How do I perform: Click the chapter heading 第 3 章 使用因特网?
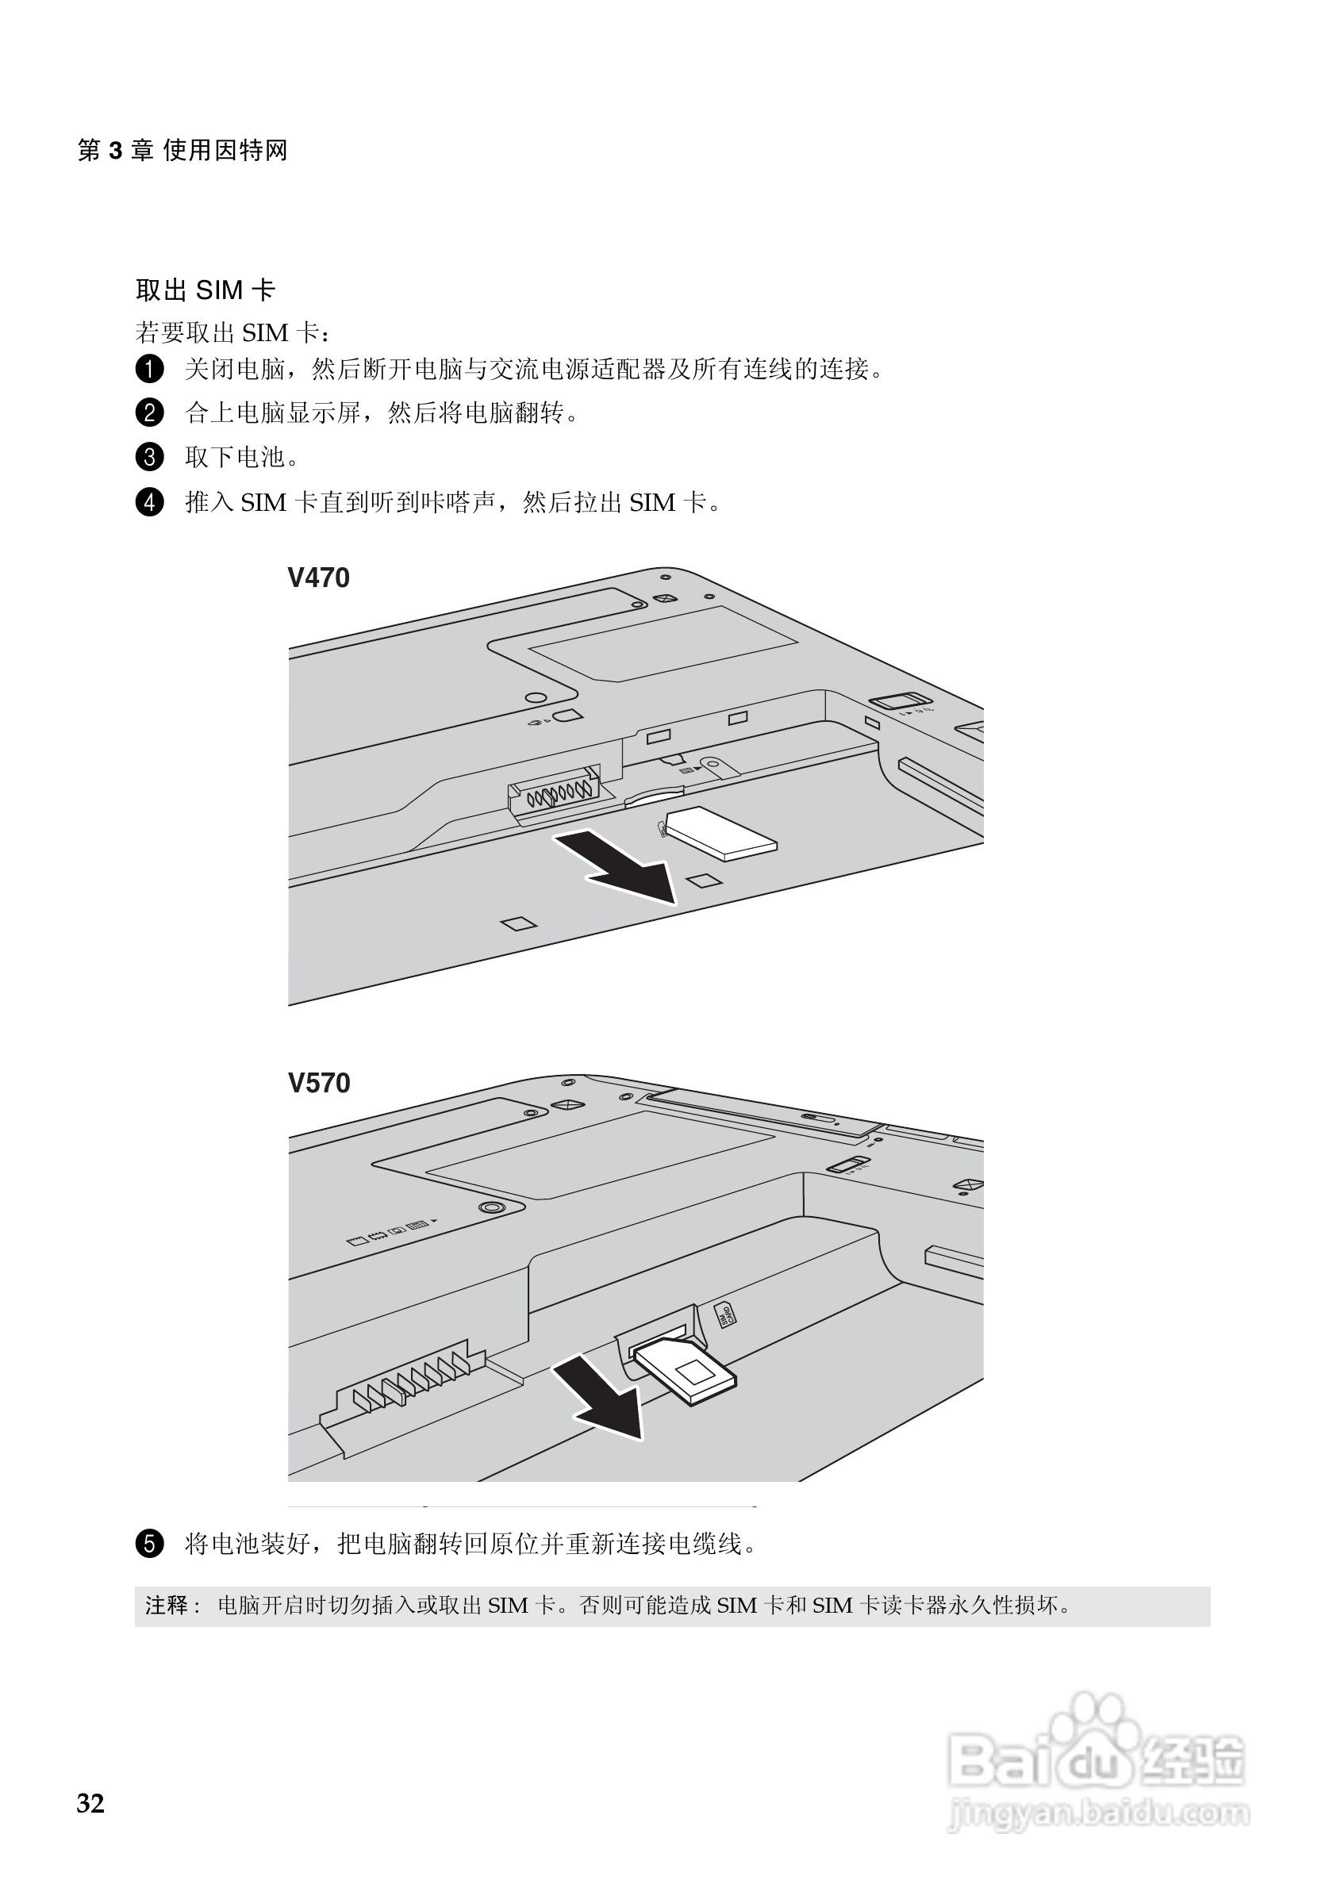pos(182,151)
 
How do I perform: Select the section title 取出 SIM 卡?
pos(205,290)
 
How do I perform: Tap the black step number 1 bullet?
pos(149,369)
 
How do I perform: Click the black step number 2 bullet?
pos(149,413)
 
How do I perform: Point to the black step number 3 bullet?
pos(149,457)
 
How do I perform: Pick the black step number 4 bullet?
pos(149,501)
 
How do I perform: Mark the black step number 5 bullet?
pos(149,1544)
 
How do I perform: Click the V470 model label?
pos(318,578)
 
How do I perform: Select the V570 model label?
pos(318,1083)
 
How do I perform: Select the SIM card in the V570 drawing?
pos(687,1370)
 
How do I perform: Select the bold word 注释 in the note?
pos(167,1605)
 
